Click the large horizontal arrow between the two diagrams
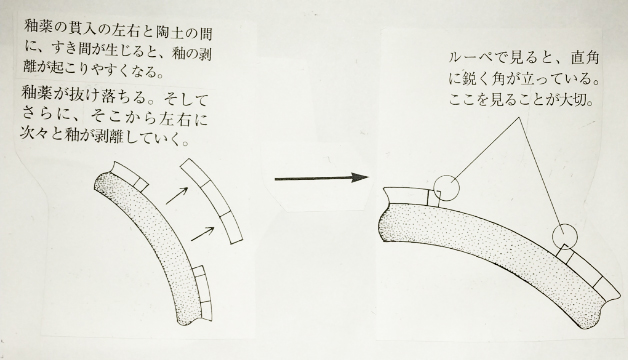tap(321, 178)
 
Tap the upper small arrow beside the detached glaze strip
tap(177, 195)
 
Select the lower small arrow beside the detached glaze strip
tap(202, 233)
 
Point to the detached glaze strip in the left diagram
tap(211, 201)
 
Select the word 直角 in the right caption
tap(585, 58)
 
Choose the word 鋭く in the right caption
tap(478, 79)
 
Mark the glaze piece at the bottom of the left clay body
tap(203, 293)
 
